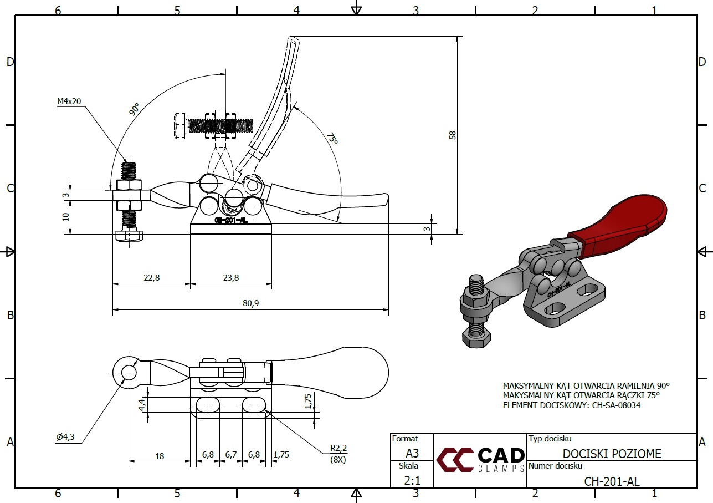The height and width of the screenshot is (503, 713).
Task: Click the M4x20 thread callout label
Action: (69, 101)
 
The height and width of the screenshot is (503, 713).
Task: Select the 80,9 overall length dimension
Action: (250, 303)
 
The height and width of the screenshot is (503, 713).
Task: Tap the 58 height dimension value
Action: (452, 135)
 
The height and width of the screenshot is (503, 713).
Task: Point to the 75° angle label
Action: (331, 138)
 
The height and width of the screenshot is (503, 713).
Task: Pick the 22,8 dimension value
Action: (151, 278)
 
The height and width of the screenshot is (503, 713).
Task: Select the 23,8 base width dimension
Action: (230, 278)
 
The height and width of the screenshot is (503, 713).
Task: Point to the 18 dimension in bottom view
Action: (160, 456)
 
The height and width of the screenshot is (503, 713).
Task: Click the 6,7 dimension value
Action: (231, 455)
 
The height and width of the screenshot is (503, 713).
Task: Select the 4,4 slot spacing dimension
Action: (142, 405)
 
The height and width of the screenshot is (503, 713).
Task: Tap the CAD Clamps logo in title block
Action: (480, 460)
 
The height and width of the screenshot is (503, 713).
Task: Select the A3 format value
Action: (412, 453)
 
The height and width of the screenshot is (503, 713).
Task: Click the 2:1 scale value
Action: (412, 480)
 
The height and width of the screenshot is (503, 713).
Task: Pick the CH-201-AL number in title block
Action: (612, 481)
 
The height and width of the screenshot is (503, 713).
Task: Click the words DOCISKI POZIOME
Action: (612, 454)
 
